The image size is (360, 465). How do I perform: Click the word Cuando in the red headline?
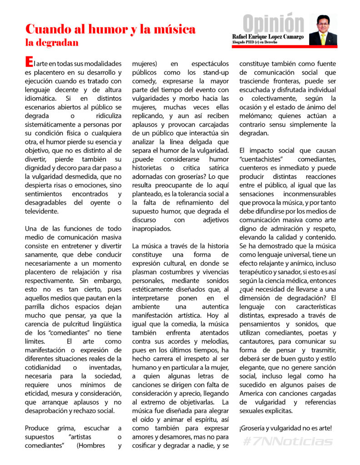[47, 29]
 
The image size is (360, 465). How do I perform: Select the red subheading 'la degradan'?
[52, 43]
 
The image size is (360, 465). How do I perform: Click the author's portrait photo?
[323, 30]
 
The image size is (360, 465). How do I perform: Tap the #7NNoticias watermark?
[288, 441]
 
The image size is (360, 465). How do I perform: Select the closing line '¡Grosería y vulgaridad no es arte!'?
[285, 428]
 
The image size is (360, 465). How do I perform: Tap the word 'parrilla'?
[36, 307]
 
